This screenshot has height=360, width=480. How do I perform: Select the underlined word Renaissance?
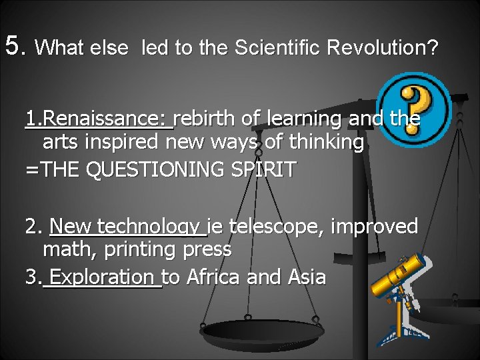tap(105, 119)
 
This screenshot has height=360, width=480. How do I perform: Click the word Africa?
tap(214, 276)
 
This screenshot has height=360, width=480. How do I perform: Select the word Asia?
tap(305, 276)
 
